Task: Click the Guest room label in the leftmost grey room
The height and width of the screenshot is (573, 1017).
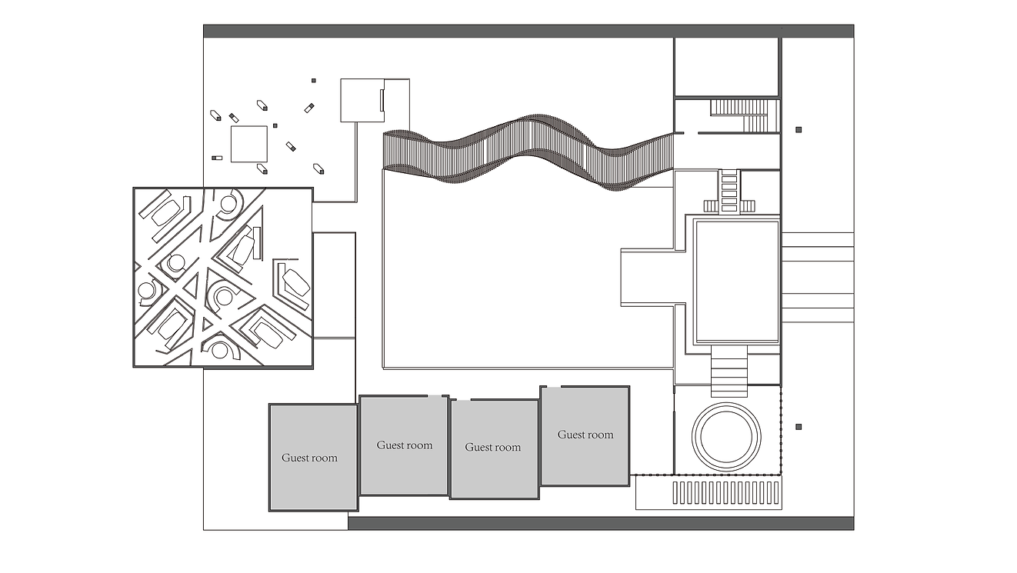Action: (x=310, y=458)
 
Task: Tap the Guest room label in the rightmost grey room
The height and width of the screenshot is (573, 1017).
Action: (x=585, y=435)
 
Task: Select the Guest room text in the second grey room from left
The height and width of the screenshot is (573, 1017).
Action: (x=405, y=445)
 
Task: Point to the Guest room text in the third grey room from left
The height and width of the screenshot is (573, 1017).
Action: (x=493, y=447)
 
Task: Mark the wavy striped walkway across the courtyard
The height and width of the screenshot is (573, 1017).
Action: (x=529, y=152)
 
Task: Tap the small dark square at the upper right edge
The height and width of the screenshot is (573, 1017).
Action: (x=799, y=130)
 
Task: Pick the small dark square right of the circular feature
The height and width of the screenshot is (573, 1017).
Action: (x=799, y=427)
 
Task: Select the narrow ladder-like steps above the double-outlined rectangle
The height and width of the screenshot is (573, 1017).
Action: (x=729, y=191)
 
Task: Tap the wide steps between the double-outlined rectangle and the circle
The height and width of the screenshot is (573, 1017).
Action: (x=729, y=371)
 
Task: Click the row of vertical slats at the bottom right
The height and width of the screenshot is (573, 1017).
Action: (x=726, y=493)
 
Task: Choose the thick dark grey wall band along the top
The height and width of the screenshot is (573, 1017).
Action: (x=529, y=31)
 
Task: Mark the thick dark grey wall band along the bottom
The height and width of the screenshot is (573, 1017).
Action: (x=601, y=523)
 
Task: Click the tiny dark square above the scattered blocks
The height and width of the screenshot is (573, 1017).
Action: (x=313, y=80)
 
